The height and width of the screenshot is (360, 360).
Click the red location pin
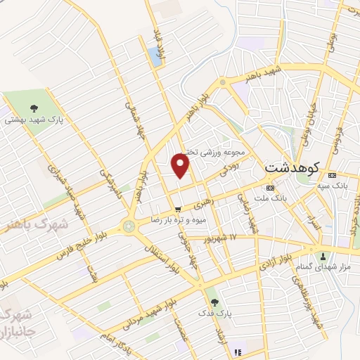tap(181, 165)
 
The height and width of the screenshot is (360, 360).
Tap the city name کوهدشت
tap(292, 169)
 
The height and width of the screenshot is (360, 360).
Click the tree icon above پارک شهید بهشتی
tap(32, 108)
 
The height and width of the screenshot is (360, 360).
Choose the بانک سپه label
tap(332, 186)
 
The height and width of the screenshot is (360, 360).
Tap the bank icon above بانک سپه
tap(332, 175)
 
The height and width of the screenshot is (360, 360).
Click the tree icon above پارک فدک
tap(214, 302)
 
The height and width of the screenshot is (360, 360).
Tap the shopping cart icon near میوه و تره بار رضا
tap(179, 209)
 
